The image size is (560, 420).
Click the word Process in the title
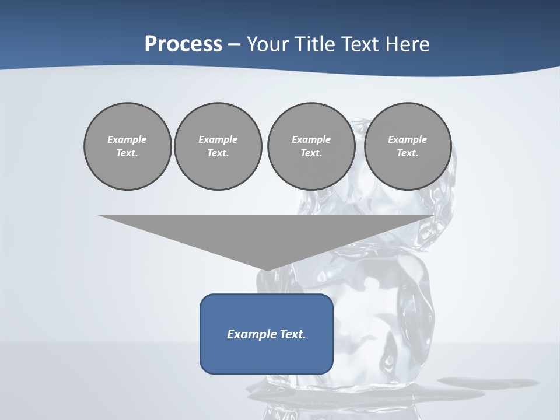point(183,44)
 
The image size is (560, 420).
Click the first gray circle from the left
point(127,146)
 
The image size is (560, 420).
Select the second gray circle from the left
point(218,146)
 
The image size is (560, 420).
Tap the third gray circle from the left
point(311,146)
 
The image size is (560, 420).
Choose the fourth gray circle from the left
point(407,146)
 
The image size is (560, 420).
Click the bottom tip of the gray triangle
point(267,270)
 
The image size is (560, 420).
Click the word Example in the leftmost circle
point(127,139)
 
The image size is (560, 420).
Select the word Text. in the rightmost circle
point(407,153)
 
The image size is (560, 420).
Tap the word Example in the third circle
point(311,139)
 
